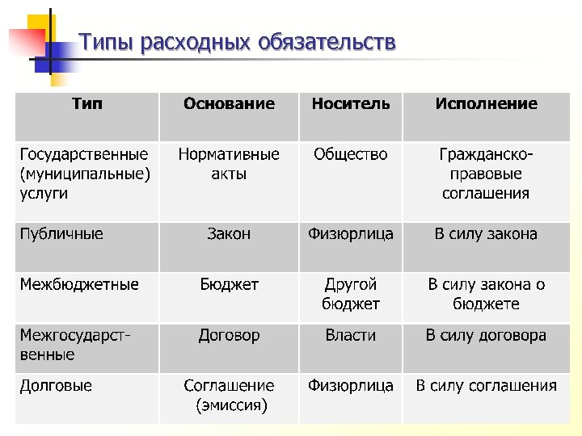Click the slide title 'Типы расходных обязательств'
(x=238, y=42)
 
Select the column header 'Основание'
(x=229, y=103)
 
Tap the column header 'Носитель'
(x=350, y=103)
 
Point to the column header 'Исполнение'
(x=486, y=103)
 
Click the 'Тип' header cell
(x=87, y=103)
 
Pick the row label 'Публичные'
(x=61, y=234)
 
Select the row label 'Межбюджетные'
(x=79, y=284)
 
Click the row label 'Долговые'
(x=56, y=386)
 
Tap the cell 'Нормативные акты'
(x=229, y=164)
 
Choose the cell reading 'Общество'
(x=350, y=154)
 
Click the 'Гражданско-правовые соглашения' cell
(x=486, y=174)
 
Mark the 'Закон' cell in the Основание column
(x=229, y=234)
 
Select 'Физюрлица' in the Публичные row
(x=350, y=234)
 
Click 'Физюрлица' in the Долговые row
(x=350, y=386)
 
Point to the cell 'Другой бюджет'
(x=350, y=294)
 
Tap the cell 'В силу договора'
(x=486, y=335)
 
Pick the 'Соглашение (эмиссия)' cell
(x=229, y=396)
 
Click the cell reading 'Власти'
(x=350, y=335)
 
